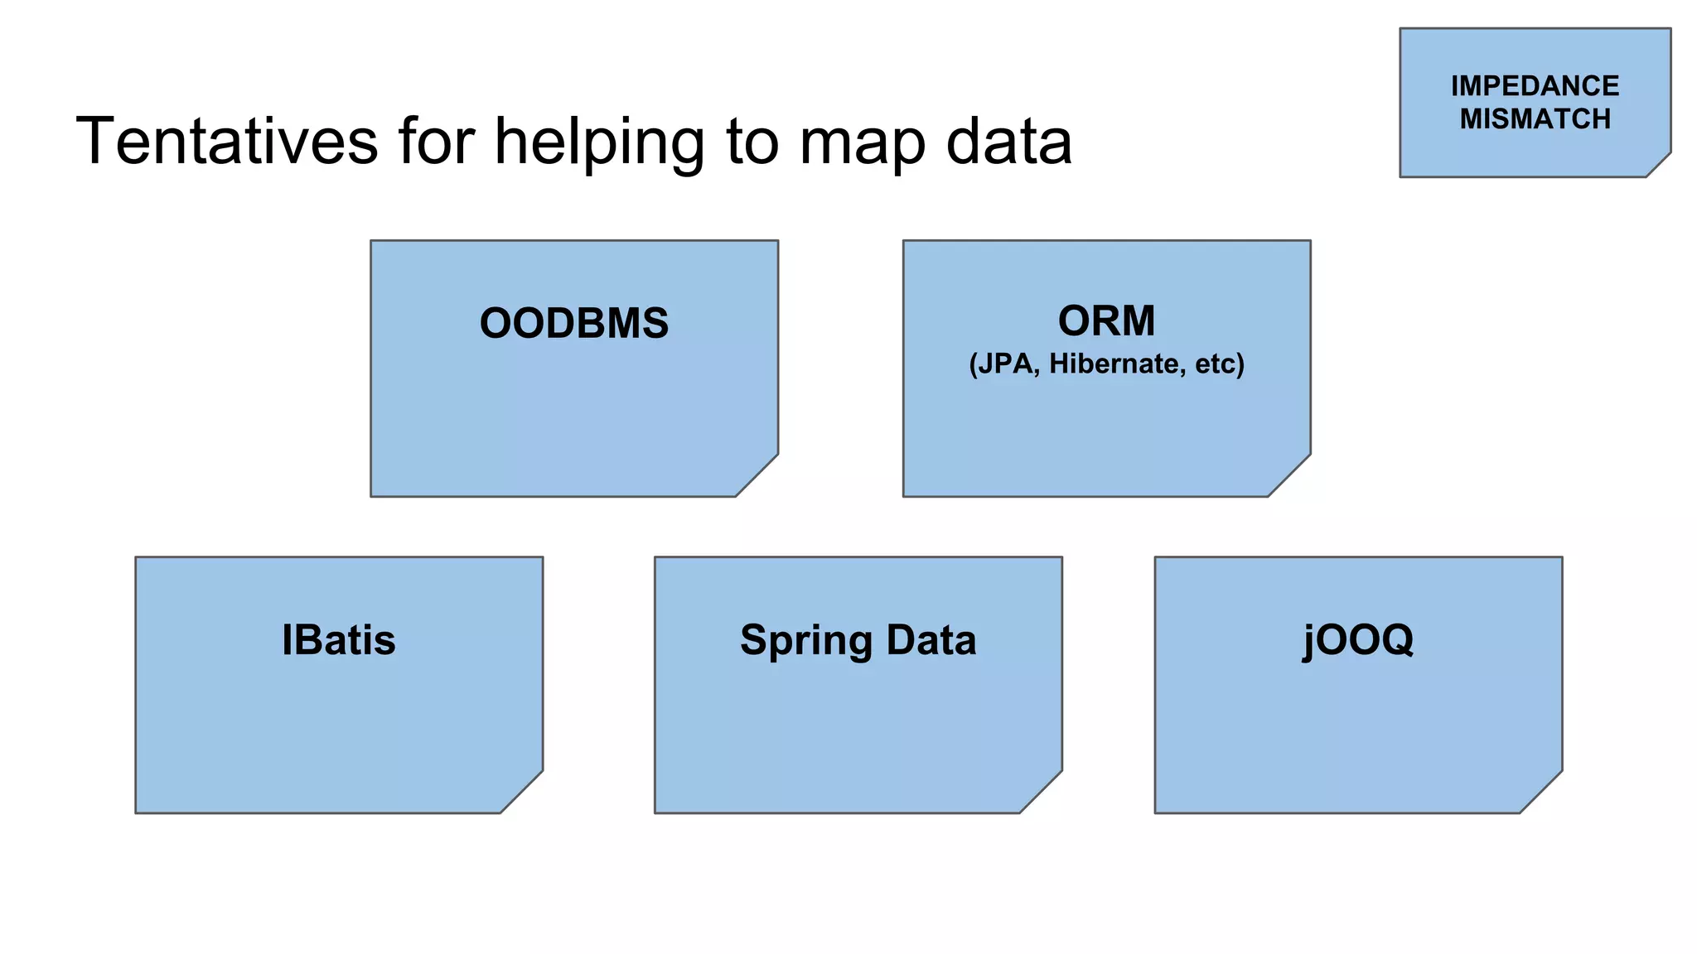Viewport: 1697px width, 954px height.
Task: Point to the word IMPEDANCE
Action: pyautogui.click(x=1535, y=86)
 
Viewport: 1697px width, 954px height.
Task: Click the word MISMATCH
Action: pyautogui.click(x=1535, y=119)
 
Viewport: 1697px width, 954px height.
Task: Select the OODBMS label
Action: pyautogui.click(x=573, y=323)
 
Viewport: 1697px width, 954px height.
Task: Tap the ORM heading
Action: pyautogui.click(x=1106, y=320)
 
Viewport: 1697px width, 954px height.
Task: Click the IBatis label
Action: pyautogui.click(x=338, y=640)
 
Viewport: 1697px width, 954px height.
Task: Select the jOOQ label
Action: pyautogui.click(x=1358, y=640)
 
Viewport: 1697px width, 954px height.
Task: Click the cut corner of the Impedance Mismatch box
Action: pyautogui.click(x=1660, y=166)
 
